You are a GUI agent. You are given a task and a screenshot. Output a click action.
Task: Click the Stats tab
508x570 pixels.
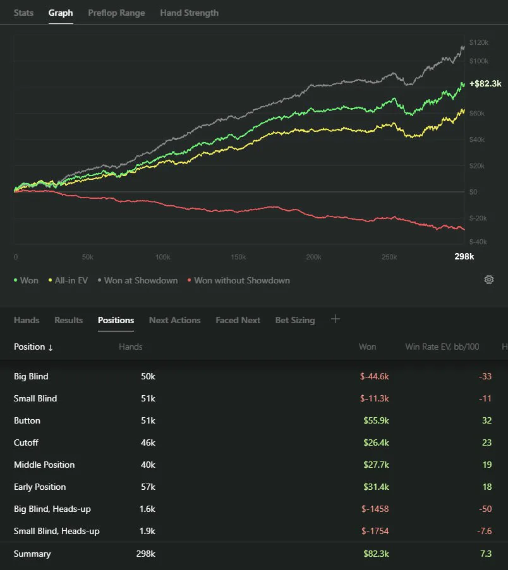[x=23, y=13]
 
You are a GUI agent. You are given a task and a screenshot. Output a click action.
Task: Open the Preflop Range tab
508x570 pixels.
[x=116, y=13]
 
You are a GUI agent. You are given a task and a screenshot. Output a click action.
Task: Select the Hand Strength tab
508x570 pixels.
[x=189, y=13]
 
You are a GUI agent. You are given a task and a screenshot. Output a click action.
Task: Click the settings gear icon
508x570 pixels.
[x=488, y=280]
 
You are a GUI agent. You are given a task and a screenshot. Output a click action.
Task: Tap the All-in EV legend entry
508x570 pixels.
[x=68, y=281]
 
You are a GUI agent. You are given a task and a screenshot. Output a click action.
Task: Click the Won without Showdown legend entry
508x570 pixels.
[x=239, y=281]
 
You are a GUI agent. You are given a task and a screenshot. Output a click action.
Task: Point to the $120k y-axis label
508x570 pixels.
[x=478, y=42]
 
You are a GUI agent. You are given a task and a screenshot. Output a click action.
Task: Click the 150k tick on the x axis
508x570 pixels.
[x=238, y=257]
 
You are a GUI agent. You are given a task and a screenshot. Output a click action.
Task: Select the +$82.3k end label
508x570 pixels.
[x=485, y=83]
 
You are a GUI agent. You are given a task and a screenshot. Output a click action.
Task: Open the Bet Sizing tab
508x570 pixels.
[x=295, y=320]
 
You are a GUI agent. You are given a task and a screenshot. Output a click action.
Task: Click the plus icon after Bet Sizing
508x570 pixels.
[x=336, y=319]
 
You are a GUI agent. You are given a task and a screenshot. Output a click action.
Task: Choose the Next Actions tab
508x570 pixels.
[x=174, y=320]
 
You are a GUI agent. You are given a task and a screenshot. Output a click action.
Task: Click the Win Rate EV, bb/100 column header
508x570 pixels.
[x=442, y=347]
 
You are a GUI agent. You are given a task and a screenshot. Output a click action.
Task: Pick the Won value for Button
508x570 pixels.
[x=377, y=420]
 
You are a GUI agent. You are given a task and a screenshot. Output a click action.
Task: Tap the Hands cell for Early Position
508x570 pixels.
[x=148, y=487]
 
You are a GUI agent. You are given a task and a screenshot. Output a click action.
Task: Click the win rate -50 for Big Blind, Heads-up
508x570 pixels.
[x=485, y=509]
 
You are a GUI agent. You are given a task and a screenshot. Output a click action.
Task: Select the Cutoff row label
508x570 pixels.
[x=26, y=442]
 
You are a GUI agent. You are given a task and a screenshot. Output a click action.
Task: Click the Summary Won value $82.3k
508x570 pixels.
[x=377, y=554]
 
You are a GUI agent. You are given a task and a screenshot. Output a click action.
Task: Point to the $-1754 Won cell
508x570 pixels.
[x=375, y=531]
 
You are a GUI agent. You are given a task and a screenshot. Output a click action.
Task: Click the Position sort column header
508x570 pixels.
[x=33, y=347]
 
